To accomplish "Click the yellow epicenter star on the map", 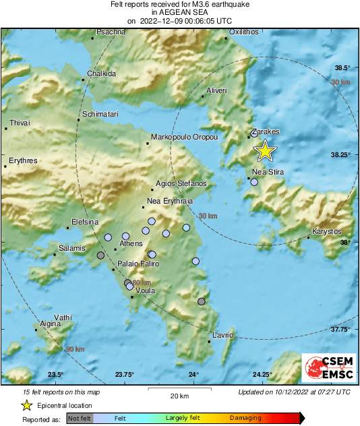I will coord(265,150).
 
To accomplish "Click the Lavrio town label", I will coord(222,335).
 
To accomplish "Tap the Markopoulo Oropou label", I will coord(185,137).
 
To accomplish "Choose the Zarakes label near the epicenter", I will coord(265,132).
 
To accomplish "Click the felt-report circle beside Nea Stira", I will coord(254,182).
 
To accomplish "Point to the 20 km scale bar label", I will coord(179,395).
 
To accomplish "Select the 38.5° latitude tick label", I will coord(342,67).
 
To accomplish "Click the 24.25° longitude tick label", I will coord(262,375).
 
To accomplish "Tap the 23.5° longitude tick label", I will coord(55,375).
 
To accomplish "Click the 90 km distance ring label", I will coord(76,349).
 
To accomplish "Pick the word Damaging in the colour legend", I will coord(245,418).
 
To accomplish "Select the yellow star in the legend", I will coord(26,405).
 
